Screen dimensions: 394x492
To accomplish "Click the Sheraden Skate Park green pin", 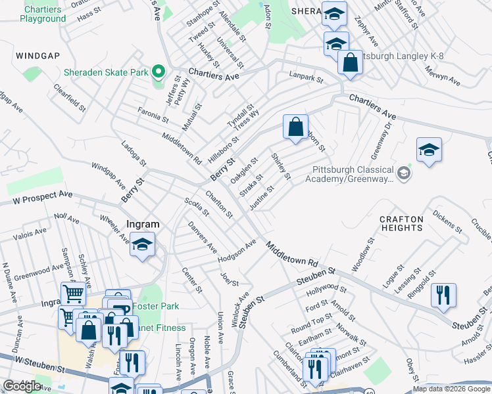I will (158, 72).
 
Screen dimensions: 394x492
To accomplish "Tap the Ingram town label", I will (141, 224).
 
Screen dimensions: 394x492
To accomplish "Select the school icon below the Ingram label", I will (143, 246).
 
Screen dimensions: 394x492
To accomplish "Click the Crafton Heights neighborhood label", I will (401, 223).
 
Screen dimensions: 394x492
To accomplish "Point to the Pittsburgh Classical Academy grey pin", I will (404, 174).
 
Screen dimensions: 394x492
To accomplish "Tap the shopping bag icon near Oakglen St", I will (296, 125).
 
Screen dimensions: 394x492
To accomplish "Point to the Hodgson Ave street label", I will (237, 253).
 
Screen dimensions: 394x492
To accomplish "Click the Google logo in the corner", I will (22, 386).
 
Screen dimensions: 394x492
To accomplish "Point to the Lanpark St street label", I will (307, 79).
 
